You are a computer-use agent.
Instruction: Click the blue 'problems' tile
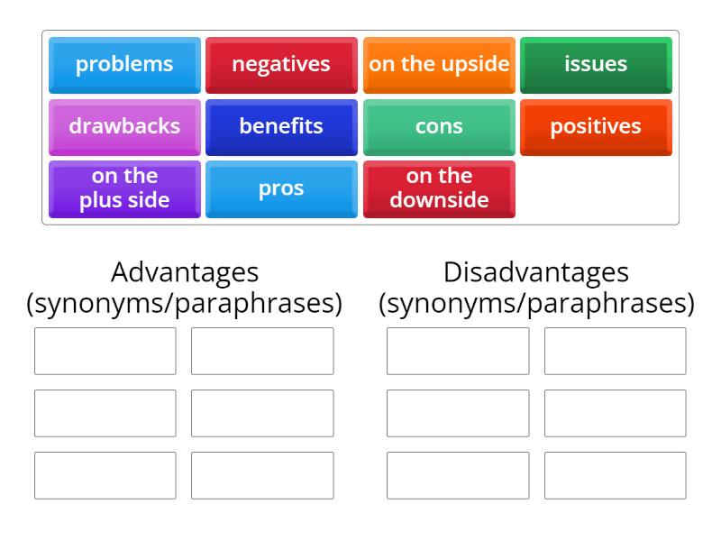point(124,64)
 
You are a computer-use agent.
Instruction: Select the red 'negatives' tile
point(281,64)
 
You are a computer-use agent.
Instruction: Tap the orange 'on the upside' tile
point(439,64)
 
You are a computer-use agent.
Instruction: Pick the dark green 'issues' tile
point(596,64)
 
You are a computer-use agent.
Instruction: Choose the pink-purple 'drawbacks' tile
point(124,126)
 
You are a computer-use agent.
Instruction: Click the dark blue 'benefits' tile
point(281,126)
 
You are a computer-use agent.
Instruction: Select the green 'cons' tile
point(439,126)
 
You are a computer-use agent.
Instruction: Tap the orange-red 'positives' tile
point(596,126)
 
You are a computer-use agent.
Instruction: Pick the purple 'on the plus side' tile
point(124,188)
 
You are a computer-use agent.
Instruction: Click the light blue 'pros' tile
point(281,188)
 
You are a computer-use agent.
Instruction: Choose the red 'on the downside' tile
point(439,188)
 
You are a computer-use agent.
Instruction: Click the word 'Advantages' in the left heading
point(185,271)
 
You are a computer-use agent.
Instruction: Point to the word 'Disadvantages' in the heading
point(536,271)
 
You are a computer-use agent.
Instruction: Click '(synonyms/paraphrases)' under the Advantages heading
point(185,303)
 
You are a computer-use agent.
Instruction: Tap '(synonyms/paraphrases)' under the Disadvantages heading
point(536,303)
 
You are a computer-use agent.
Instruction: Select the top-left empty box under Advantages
point(105,351)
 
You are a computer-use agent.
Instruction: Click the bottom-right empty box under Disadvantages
point(615,475)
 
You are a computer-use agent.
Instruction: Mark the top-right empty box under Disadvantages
point(615,351)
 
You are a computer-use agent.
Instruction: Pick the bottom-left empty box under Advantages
point(105,475)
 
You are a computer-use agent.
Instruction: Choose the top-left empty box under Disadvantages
point(458,351)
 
